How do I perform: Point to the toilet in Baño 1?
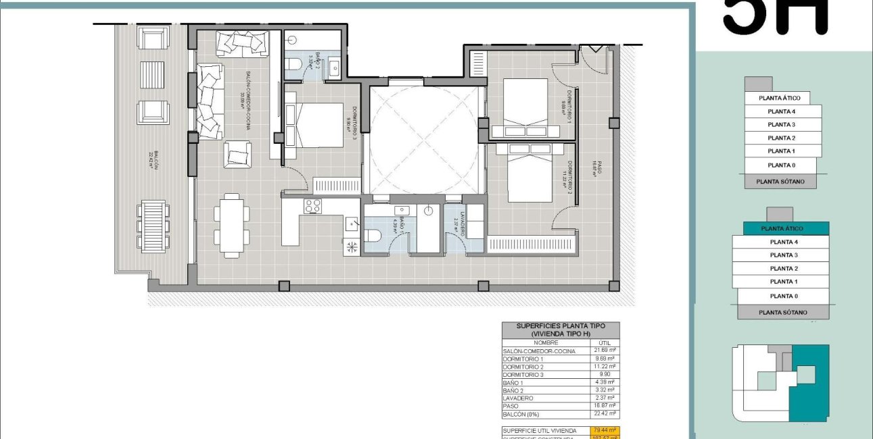point(373,234)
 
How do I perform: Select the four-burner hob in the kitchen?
point(312,206)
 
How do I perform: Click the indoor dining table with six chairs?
point(230,225)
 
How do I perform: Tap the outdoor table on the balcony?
point(154,226)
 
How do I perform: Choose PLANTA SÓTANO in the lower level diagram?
point(782,312)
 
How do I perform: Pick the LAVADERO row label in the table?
point(519,398)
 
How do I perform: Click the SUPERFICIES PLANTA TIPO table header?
point(559,329)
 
